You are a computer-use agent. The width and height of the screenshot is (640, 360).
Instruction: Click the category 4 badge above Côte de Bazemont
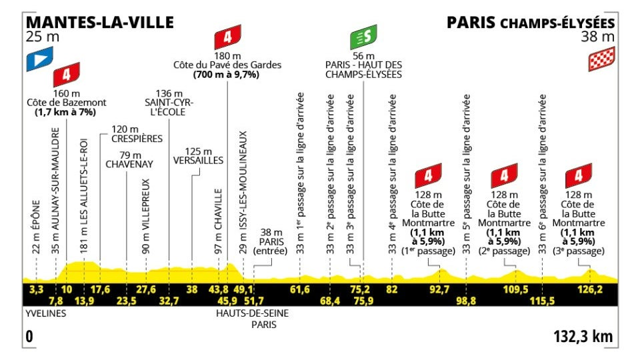tap(66, 73)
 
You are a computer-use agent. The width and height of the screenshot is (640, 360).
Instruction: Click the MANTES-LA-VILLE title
tap(99, 22)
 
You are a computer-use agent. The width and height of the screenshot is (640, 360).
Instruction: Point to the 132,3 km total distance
tap(583, 337)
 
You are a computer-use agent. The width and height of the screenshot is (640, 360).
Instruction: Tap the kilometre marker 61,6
tap(300, 289)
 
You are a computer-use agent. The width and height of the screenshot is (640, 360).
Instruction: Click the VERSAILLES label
tap(198, 161)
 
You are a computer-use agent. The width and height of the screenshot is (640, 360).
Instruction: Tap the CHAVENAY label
tap(130, 163)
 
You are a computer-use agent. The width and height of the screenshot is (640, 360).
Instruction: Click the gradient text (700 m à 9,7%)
tap(227, 75)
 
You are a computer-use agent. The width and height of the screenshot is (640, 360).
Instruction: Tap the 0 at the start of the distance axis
tap(29, 337)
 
